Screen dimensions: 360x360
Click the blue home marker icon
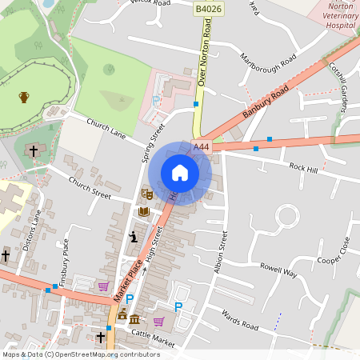tap(180, 173)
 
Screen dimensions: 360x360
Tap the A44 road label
tap(202, 147)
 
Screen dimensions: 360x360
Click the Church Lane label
tap(106, 129)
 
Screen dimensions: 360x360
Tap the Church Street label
tap(90, 189)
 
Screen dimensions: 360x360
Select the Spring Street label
tap(153, 143)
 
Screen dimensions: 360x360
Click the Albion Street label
tap(220, 252)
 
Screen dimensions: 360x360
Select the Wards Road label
tap(240, 321)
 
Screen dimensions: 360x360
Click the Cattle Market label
tap(153, 342)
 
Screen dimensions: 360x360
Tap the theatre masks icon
tap(146, 194)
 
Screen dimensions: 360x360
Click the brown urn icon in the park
tap(24, 98)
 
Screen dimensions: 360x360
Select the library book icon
tap(144, 212)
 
